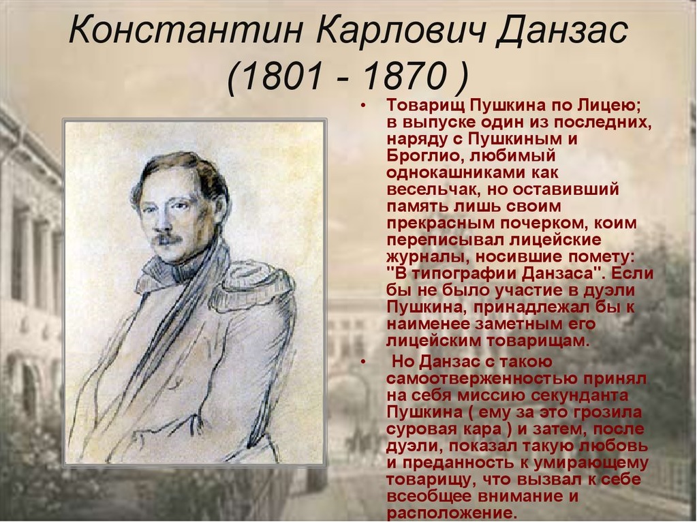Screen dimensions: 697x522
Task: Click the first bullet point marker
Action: [x=365, y=106]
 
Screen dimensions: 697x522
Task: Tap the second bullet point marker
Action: [x=365, y=363]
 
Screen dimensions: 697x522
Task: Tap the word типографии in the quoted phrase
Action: [x=459, y=273]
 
